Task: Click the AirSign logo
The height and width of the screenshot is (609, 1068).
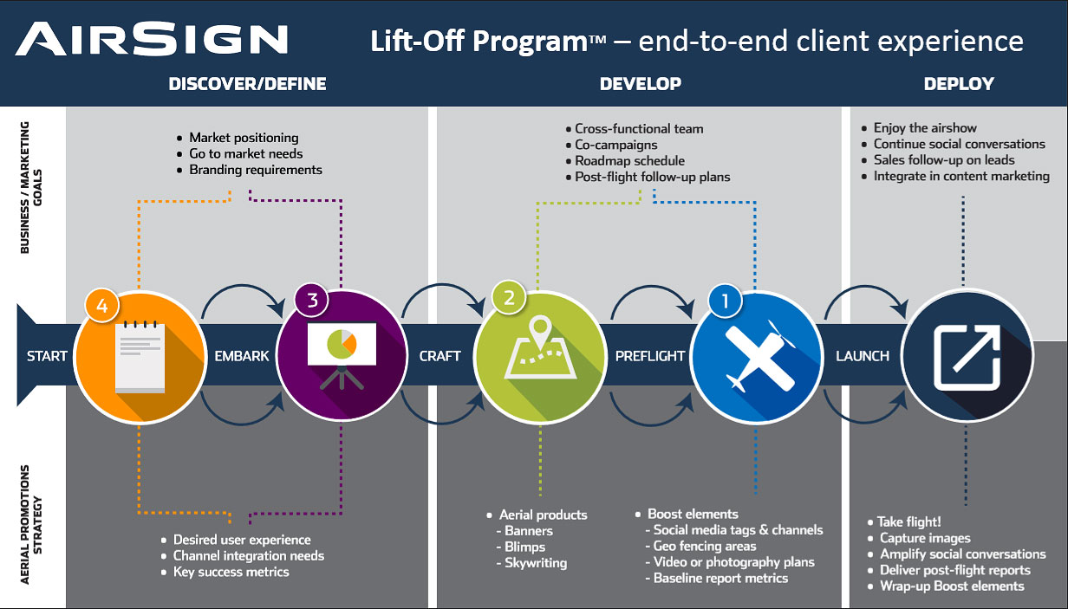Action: click(152, 39)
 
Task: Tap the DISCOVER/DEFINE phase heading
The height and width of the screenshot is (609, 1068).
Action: click(247, 84)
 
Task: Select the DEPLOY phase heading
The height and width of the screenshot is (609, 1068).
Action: click(959, 84)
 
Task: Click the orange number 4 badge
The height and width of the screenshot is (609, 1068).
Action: click(102, 306)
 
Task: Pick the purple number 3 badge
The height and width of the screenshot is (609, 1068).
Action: click(312, 300)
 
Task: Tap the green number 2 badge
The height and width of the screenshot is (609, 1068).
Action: click(509, 298)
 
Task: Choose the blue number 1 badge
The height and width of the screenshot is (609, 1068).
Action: click(725, 301)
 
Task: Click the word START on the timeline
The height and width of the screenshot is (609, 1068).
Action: click(47, 356)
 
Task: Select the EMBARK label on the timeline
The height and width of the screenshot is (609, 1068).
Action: click(242, 356)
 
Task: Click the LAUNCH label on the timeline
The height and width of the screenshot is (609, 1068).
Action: click(862, 356)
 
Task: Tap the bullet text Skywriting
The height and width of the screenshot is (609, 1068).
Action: click(536, 563)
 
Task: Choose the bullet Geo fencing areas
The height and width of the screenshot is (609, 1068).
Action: click(705, 546)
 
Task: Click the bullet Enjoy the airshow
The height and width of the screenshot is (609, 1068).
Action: click(925, 128)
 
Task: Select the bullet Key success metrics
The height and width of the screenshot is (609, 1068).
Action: click(231, 572)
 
